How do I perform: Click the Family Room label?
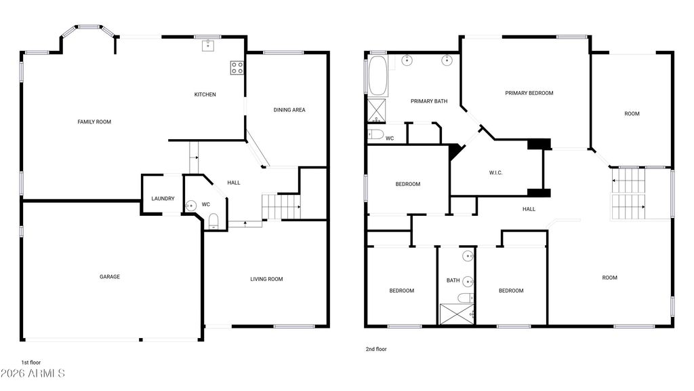pyautogui.click(x=94, y=122)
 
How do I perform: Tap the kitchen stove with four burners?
pyautogui.click(x=237, y=68)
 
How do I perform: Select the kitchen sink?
pyautogui.click(x=208, y=45)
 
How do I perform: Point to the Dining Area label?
pyautogui.click(x=289, y=110)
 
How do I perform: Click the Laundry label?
pyautogui.click(x=163, y=199)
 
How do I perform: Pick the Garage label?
pyautogui.click(x=110, y=277)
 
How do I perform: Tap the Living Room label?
pyautogui.click(x=266, y=279)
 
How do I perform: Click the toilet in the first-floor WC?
pyautogui.click(x=213, y=221)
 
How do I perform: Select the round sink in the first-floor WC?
pyautogui.click(x=190, y=206)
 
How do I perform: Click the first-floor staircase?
pyautogui.click(x=281, y=206)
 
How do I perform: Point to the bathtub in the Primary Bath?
pyautogui.click(x=377, y=76)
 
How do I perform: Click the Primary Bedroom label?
pyautogui.click(x=529, y=93)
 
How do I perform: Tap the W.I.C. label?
pyautogui.click(x=495, y=173)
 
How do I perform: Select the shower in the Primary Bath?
pyautogui.click(x=377, y=111)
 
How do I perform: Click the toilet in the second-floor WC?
pyautogui.click(x=375, y=134)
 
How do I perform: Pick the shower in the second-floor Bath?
pyautogui.click(x=457, y=314)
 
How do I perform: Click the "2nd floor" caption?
pyautogui.click(x=376, y=350)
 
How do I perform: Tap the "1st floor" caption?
pyautogui.click(x=31, y=362)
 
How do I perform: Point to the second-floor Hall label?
pyautogui.click(x=529, y=209)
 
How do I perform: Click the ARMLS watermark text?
pyautogui.click(x=33, y=373)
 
